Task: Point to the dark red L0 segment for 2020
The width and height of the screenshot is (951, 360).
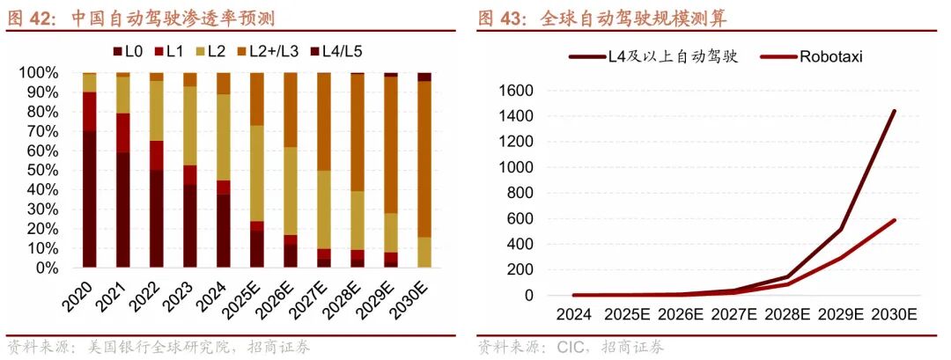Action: pyautogui.click(x=89, y=198)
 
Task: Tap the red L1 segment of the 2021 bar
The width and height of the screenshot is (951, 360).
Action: pyautogui.click(x=122, y=132)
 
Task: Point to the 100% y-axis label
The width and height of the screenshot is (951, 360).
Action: pyautogui.click(x=39, y=72)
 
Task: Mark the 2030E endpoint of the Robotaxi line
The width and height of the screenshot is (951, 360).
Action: pyautogui.click(x=895, y=220)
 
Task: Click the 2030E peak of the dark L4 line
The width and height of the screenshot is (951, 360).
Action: pyautogui.click(x=895, y=111)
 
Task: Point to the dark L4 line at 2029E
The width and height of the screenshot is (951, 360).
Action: pyautogui.click(x=841, y=230)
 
